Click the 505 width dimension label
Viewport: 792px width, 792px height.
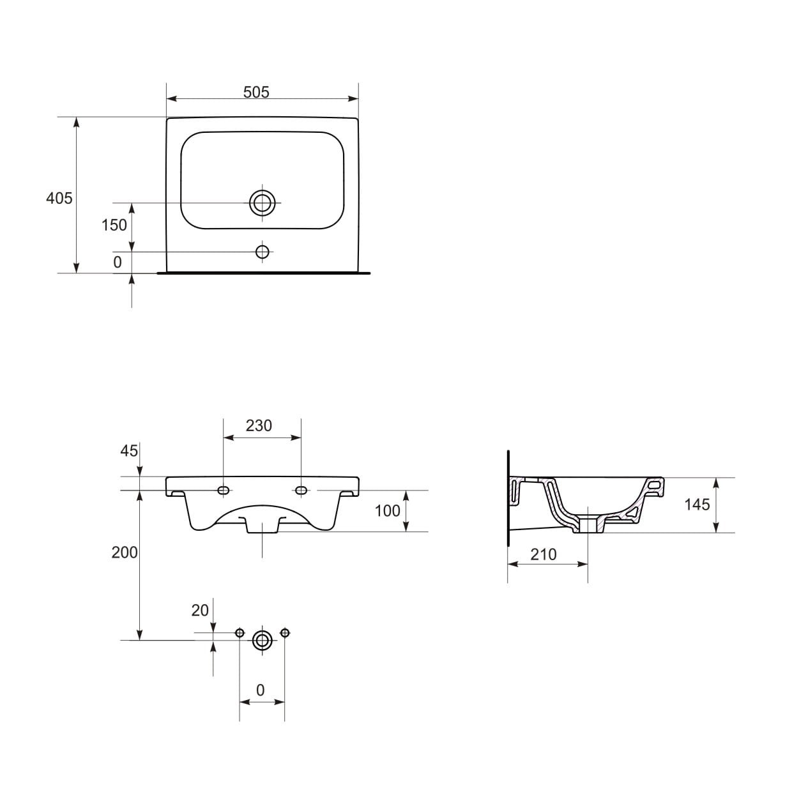[x=255, y=92]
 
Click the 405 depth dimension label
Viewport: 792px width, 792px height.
[x=59, y=198]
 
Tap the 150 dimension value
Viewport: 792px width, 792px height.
[x=114, y=225]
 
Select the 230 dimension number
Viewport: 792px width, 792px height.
[x=259, y=425]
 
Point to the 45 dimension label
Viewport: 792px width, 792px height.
[x=129, y=451]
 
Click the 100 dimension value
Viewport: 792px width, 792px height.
[x=388, y=511]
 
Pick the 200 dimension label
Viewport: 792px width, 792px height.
[x=125, y=552]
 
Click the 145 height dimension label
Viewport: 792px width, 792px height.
[x=697, y=505]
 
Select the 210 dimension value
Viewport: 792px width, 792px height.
[x=544, y=555]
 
